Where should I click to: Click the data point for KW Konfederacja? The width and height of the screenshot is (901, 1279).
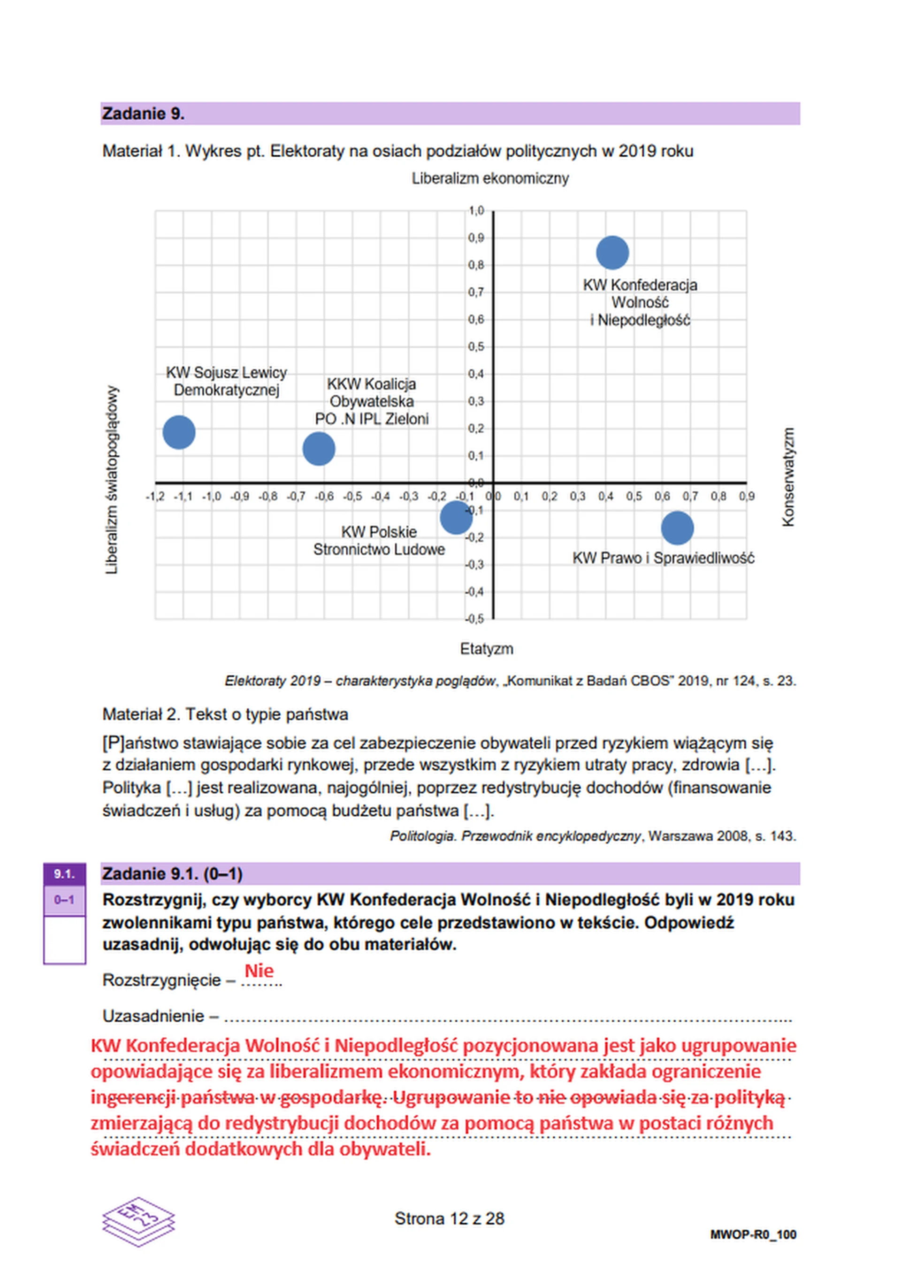[612, 253]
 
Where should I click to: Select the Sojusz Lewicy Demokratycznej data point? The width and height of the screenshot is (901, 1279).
[179, 432]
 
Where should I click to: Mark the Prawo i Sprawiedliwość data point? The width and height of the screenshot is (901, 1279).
[677, 528]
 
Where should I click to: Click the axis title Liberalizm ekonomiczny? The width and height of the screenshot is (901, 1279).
[489, 178]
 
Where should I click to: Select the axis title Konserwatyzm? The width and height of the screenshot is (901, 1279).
[787, 477]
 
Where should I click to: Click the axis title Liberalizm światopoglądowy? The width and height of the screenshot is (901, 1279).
[112, 480]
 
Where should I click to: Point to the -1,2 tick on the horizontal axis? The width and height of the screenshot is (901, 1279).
[154, 496]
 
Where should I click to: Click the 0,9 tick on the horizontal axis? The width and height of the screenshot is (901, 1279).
[747, 496]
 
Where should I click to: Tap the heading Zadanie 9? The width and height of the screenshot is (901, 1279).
[143, 114]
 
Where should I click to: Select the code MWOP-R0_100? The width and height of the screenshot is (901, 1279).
[752, 1234]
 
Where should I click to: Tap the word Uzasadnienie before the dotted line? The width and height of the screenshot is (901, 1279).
[153, 1016]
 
